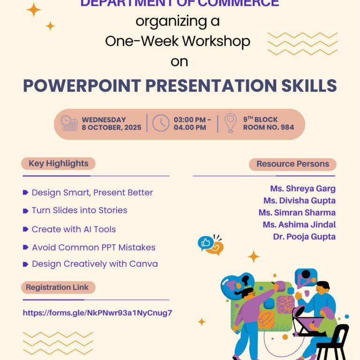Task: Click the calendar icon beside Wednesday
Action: coord(69,123)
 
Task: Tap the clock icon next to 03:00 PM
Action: coord(161,123)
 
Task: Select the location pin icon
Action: coord(230,123)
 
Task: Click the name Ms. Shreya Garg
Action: coord(303,188)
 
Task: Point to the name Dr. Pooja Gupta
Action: coord(304,237)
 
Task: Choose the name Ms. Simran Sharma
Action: coord(297,213)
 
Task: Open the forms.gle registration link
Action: coord(97,313)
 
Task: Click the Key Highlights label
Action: coord(58,164)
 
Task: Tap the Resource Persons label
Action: coord(292,164)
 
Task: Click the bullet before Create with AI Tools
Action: coord(25,229)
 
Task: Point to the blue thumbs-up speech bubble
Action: coord(205,243)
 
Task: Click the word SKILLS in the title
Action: coord(309,86)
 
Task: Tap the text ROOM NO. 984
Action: coord(269,127)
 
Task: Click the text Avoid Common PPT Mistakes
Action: coord(94,247)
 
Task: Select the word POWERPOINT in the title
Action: coord(82,86)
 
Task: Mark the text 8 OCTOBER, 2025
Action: coord(112,127)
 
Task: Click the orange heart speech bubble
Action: coord(216,248)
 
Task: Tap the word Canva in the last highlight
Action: coord(143,264)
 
